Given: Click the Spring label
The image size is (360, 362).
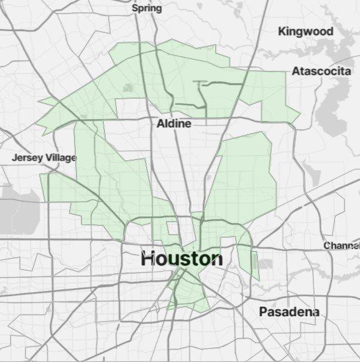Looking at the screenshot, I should (147, 8).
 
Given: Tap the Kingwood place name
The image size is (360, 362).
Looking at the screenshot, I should (305, 31).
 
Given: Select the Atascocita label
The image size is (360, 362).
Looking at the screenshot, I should (321, 71).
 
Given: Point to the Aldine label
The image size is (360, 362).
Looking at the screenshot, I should (173, 124).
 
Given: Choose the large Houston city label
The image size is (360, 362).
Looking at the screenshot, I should (181, 258).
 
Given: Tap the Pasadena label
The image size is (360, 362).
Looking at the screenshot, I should (289, 311).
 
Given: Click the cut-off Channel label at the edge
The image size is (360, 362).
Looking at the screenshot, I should (341, 246).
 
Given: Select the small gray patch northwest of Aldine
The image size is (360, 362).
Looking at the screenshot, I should (128, 88).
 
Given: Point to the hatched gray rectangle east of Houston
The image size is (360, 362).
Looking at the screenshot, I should (265, 264).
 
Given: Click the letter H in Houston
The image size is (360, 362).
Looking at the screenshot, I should (148, 258).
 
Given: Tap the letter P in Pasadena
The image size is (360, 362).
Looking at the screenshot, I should (264, 311).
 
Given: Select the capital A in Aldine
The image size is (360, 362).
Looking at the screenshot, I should (160, 124).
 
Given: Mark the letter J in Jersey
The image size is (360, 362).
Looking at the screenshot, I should (14, 158).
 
